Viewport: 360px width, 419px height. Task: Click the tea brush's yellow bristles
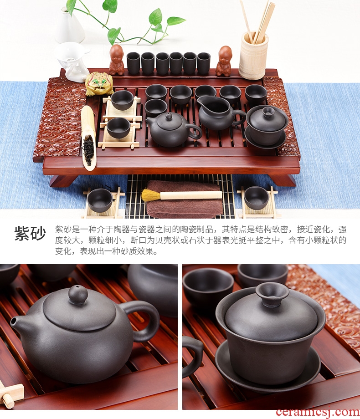(x=150, y=195)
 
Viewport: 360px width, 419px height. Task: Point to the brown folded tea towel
(x=184, y=199)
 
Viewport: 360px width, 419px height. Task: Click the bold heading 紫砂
(x=30, y=233)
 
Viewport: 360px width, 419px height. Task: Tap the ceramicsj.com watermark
(x=318, y=412)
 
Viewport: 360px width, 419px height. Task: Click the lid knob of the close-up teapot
(x=78, y=295)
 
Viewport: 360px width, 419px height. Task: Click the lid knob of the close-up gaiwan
(x=272, y=294)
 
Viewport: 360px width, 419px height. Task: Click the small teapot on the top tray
(x=173, y=129)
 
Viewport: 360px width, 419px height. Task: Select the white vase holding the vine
(x=70, y=26)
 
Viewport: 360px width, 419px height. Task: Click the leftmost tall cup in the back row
(x=134, y=63)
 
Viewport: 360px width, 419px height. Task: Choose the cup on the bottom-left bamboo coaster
(x=100, y=200)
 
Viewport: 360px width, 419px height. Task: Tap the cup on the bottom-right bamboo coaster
(x=257, y=198)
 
